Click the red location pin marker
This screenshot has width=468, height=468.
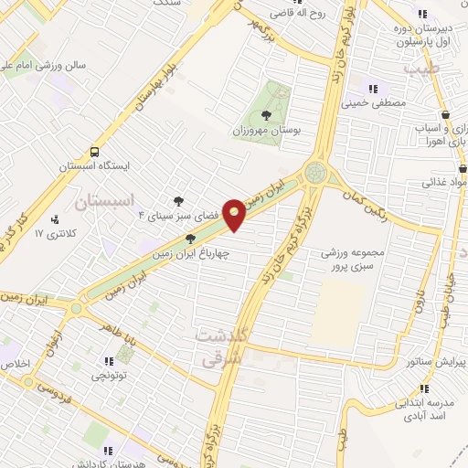click(x=235, y=214)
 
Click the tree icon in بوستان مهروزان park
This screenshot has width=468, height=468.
click(x=266, y=115)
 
